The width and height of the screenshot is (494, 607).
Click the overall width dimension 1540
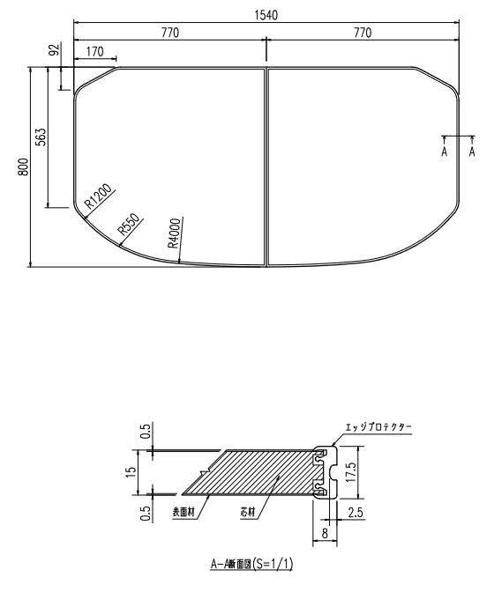[x=266, y=15]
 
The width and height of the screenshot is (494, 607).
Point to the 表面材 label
[x=183, y=512]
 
